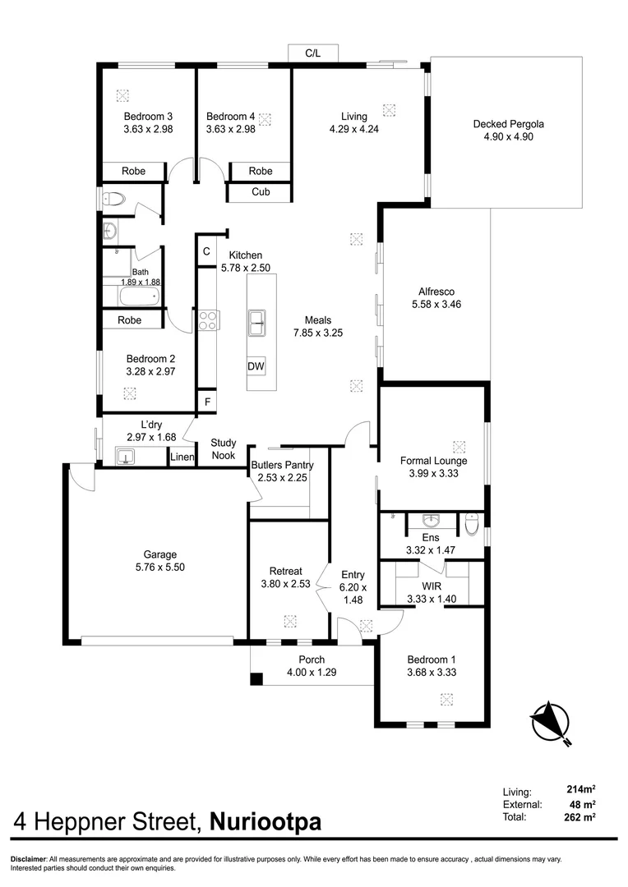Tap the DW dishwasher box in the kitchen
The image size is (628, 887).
(x=256, y=366)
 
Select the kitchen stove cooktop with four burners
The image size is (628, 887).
(x=205, y=319)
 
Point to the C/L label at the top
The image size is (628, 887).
(x=312, y=53)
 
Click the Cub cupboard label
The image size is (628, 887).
(x=260, y=193)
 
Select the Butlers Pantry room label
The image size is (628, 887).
(x=282, y=465)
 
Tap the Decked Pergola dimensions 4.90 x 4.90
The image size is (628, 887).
(x=508, y=137)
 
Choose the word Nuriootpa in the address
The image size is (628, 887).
(x=266, y=821)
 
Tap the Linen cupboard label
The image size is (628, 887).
(x=181, y=457)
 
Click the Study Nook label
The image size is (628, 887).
(x=224, y=448)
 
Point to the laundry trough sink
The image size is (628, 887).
(x=125, y=456)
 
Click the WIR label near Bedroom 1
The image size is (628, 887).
(x=432, y=586)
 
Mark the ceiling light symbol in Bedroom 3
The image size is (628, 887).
(x=122, y=95)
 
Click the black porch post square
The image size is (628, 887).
(x=256, y=679)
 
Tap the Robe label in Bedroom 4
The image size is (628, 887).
(x=260, y=171)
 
